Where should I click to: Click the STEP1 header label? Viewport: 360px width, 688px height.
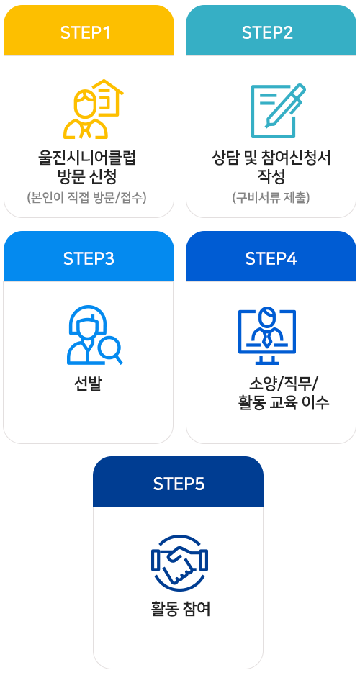point(86,33)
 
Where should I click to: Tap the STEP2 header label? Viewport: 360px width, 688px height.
point(267,33)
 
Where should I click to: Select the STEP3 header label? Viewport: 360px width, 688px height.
point(89,258)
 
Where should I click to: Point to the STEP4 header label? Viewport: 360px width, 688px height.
point(271,258)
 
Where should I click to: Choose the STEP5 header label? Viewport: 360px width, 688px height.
point(179,484)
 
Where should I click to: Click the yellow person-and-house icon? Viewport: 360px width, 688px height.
point(93,109)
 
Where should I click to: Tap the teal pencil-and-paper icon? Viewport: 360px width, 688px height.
point(279,111)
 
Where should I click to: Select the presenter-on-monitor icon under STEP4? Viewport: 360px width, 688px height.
point(267,335)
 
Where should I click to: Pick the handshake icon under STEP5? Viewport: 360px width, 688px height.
point(179,563)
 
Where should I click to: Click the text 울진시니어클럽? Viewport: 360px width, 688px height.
point(87,158)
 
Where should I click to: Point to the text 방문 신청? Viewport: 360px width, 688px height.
point(87,177)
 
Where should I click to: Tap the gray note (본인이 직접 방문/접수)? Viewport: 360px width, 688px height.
point(86,197)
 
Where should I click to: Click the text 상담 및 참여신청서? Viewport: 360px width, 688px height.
point(271,158)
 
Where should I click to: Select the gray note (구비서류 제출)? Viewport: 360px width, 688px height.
point(271,197)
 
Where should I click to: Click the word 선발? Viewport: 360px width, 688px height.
point(88,384)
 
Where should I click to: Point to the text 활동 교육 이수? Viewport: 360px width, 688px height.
point(283,402)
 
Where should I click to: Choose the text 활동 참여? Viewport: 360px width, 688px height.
point(181,609)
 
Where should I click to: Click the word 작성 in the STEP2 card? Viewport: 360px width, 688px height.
point(271,177)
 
